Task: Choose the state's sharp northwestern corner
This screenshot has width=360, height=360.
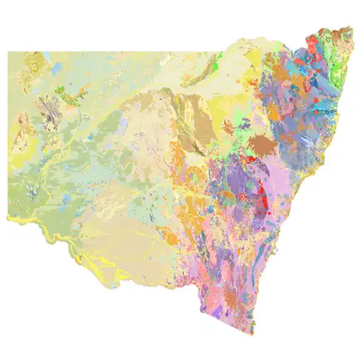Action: [x=8, y=51]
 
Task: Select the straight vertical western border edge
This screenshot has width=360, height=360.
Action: [x=8, y=133]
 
